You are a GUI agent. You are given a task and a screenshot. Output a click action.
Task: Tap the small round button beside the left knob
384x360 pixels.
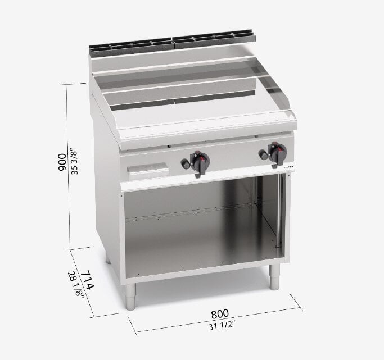tap(184, 163)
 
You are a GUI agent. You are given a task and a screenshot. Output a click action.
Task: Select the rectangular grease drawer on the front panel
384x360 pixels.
tap(147, 171)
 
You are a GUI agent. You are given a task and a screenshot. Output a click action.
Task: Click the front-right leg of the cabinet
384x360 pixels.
tap(274, 276)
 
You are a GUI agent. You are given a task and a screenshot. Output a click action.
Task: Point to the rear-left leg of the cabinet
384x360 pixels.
tap(107, 260)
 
